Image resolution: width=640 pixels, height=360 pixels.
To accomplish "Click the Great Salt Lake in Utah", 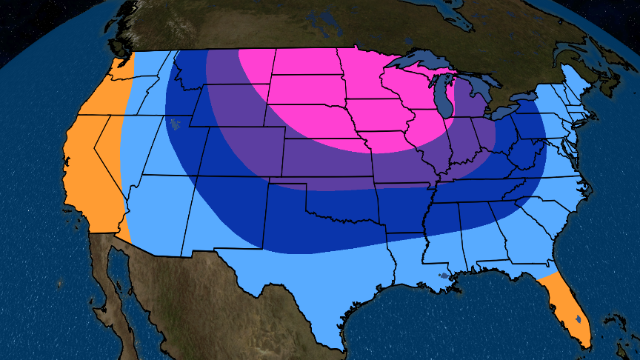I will click(175, 123).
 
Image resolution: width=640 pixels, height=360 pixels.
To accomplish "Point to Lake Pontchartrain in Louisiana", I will click(443, 276).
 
